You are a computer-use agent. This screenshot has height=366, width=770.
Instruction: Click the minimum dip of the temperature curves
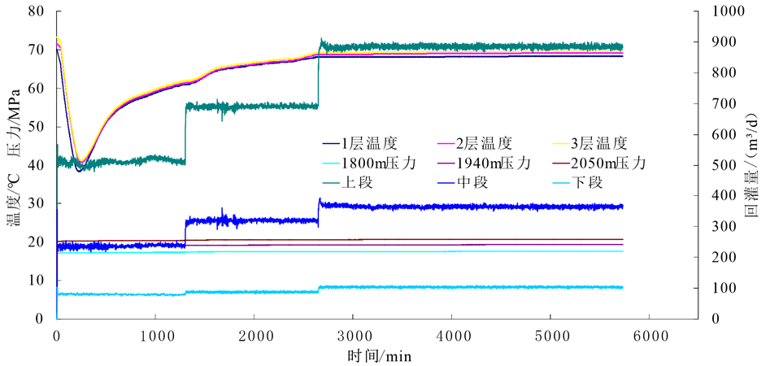coord(80,168)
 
